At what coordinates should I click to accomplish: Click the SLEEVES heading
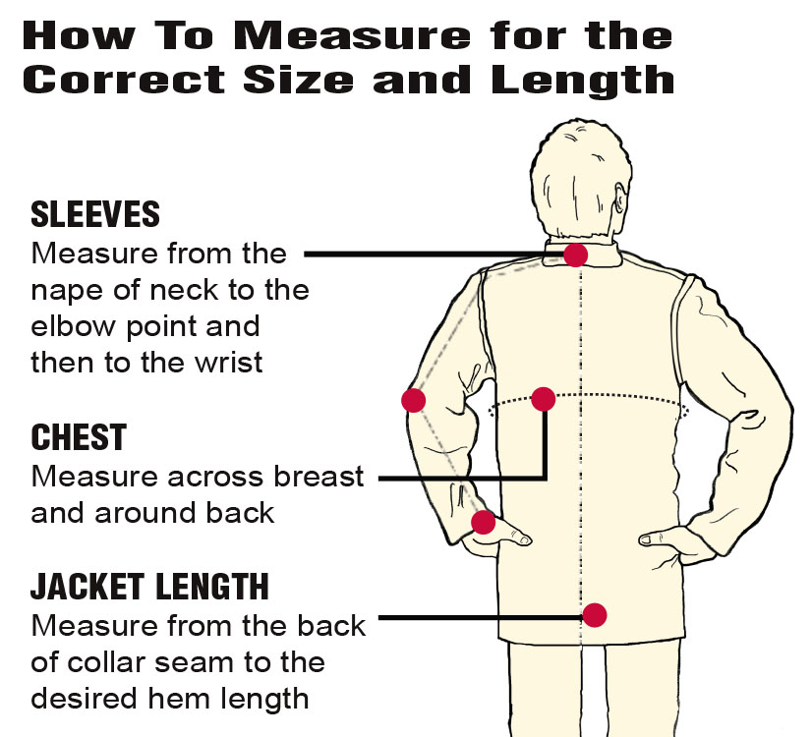click(95, 214)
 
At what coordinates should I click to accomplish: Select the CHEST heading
click(79, 437)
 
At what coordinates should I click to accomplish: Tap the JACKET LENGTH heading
click(149, 587)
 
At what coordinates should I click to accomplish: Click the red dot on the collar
click(575, 255)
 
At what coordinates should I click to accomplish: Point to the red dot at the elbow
click(414, 400)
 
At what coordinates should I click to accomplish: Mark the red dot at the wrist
click(484, 522)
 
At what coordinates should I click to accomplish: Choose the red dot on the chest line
click(544, 399)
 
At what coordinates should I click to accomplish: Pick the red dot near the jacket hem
click(595, 615)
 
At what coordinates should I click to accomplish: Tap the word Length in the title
click(583, 82)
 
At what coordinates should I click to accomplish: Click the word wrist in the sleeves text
click(229, 362)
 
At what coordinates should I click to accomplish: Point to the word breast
click(319, 477)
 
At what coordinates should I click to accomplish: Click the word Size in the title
click(298, 80)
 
